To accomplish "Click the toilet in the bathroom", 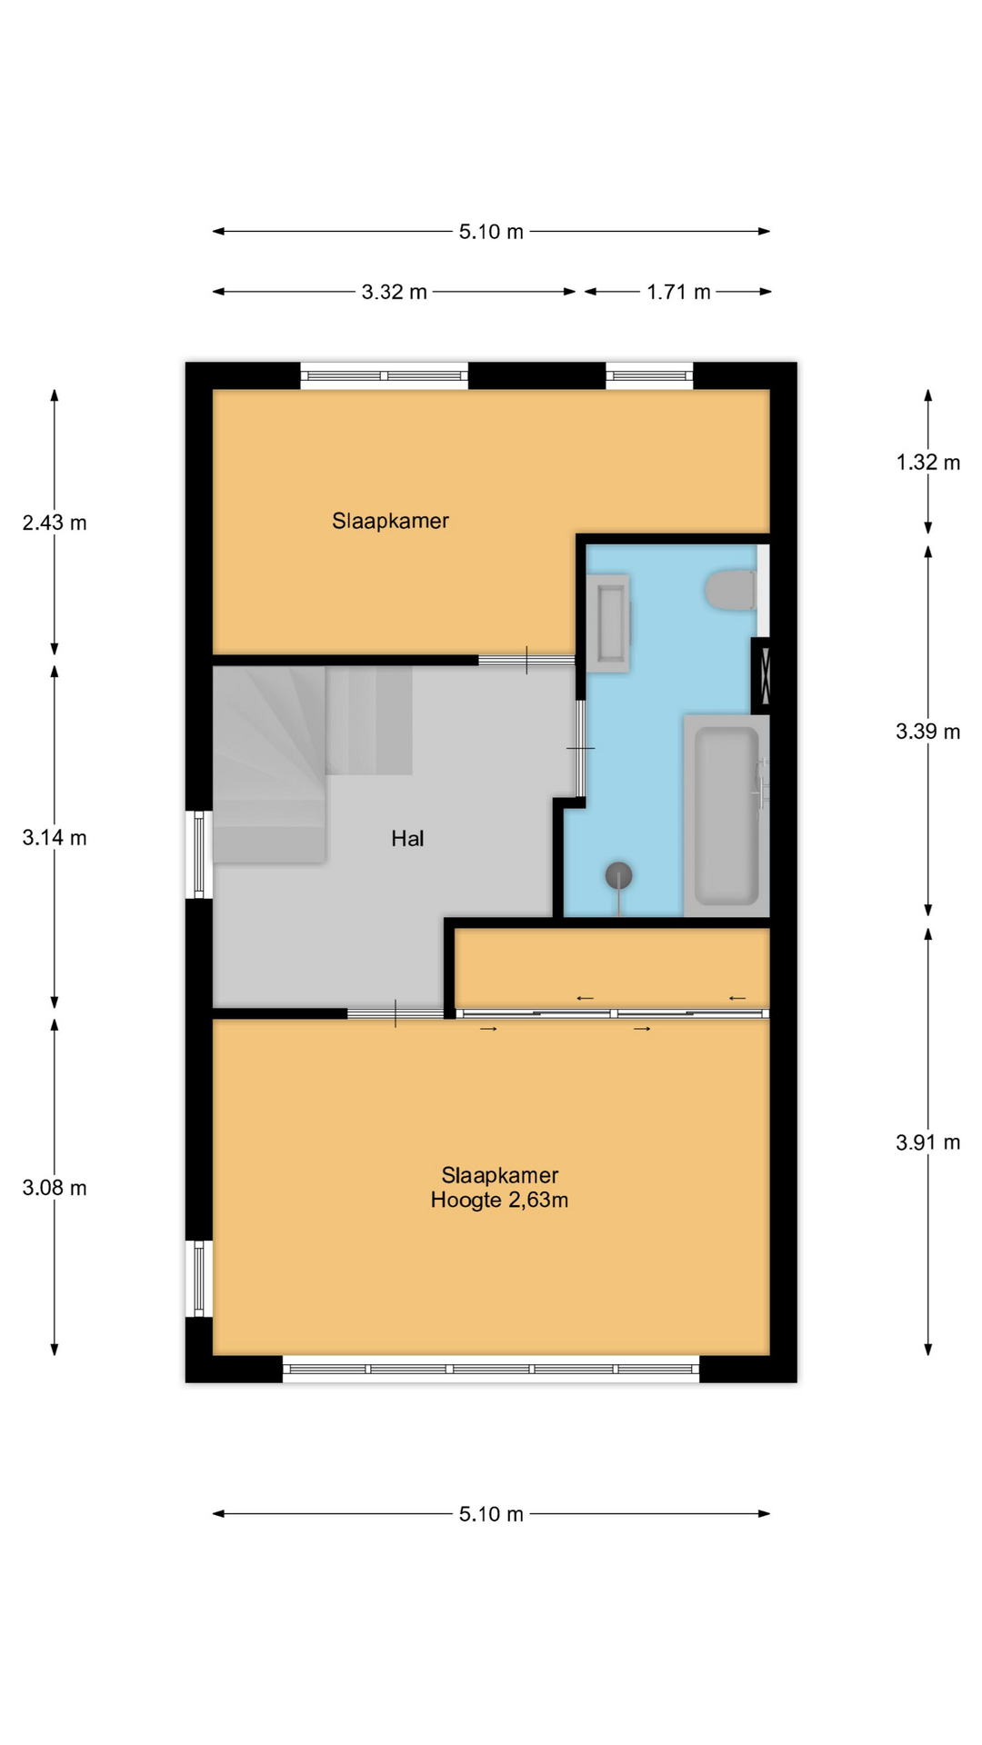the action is coord(730,590).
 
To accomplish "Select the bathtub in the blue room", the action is coord(726,815).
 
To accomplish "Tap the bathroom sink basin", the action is coord(608,623).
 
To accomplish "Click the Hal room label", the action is coord(407,838).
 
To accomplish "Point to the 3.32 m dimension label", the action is coord(394,292).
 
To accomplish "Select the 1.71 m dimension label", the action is coord(678,292).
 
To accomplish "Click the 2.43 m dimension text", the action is coord(55,523).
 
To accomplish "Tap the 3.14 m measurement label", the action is coord(55,838).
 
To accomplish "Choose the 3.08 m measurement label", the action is coord(55,1188).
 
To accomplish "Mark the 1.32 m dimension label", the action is coord(928,463).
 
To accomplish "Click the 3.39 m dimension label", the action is coord(928,732).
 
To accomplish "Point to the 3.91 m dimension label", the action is coord(928,1142).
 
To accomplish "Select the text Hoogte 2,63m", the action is coord(499,1200).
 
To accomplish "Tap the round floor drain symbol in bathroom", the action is coord(619,875).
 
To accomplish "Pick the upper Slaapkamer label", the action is coord(390,521).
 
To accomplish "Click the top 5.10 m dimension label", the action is coord(491,232).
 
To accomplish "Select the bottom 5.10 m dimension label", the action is coord(491,1514).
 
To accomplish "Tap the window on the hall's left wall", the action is coord(199,854).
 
